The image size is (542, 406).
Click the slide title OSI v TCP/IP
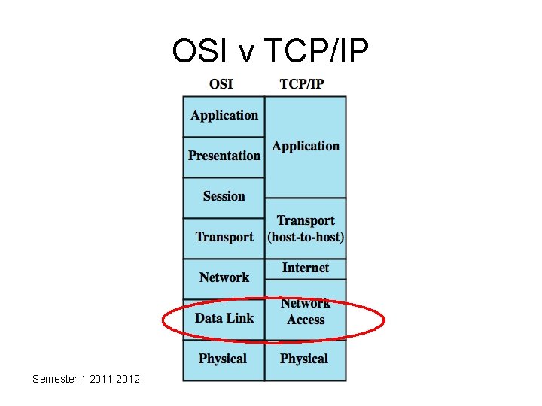point(270,50)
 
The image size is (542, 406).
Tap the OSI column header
point(221,83)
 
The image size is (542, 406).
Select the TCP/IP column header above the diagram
point(302,83)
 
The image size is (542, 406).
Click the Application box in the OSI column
point(224,116)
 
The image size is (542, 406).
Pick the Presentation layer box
point(224,156)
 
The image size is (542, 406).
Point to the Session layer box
point(224,197)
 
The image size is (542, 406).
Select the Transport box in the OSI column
point(224,238)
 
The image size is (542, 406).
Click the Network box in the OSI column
point(224,278)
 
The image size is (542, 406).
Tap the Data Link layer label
point(224,318)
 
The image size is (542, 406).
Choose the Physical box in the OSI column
point(223,359)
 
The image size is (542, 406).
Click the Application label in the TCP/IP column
point(306,147)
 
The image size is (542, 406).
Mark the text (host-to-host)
point(306,237)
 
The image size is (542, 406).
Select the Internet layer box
point(306,268)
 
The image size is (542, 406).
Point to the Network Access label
point(306,311)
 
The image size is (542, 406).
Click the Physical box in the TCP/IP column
point(304,359)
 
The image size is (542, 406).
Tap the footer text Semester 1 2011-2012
point(86,379)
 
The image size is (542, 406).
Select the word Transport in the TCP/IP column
point(306,220)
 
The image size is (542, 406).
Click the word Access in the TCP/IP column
point(306,320)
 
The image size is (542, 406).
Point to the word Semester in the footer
point(55,379)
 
